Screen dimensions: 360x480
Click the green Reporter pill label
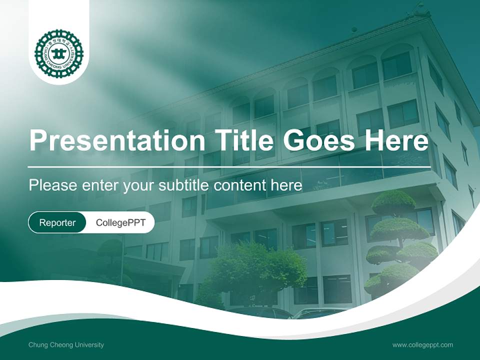pos(57,222)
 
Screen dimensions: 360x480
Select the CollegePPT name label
pos(120,222)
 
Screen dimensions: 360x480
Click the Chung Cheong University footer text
pos(66,345)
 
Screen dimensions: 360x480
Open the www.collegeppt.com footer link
pos(422,345)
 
